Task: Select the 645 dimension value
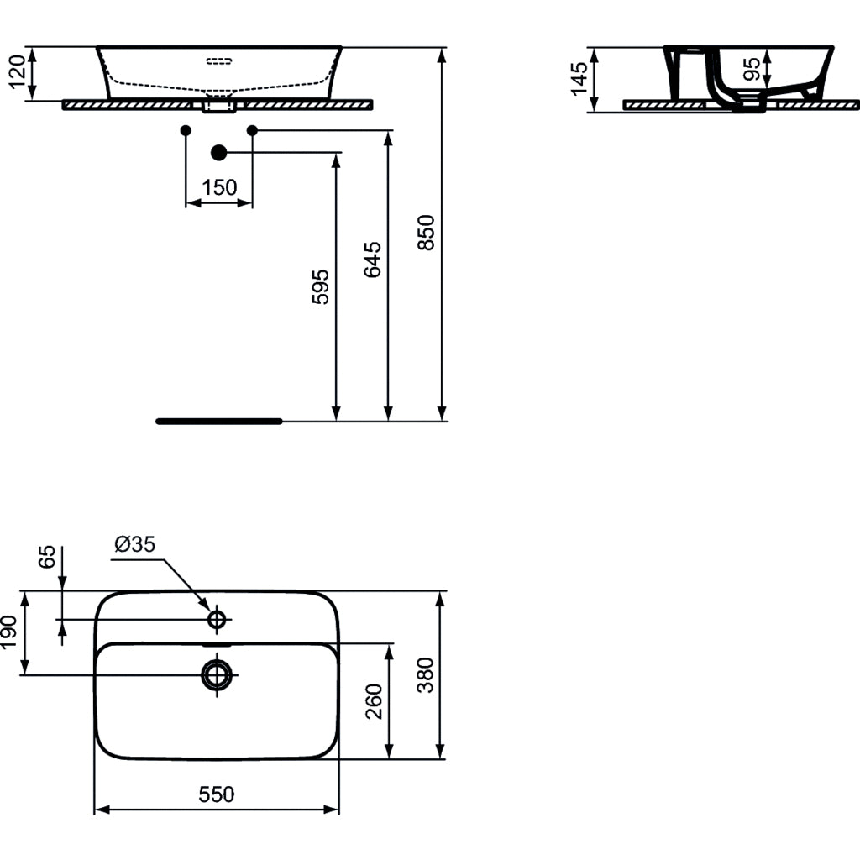pos(374,260)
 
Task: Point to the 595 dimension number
pos(321,286)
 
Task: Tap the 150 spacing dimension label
pos(219,187)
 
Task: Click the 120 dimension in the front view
pos(18,74)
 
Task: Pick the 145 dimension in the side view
pos(579,79)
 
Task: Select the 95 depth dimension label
pos(752,68)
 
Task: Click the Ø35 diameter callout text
pos(135,544)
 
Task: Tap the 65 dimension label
pos(48,558)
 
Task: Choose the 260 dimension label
pos(375,701)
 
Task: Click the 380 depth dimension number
pos(426,674)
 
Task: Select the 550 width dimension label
pos(217,794)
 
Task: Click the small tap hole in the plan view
pos(218,620)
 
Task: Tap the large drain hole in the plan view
pos(218,674)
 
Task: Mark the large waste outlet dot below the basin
pos(219,152)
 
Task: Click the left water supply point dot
pos(186,130)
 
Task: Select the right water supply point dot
pos(252,130)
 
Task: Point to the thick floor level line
pos(219,421)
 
